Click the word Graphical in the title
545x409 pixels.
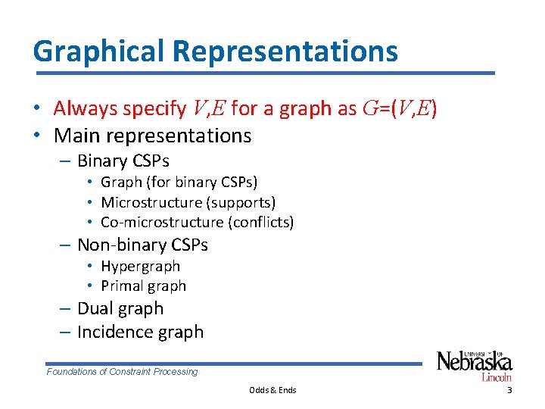coord(99,52)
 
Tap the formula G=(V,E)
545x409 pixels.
coord(399,108)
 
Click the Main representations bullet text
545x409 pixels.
coord(152,136)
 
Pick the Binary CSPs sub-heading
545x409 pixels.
coord(123,161)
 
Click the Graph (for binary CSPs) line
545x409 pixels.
coord(179,182)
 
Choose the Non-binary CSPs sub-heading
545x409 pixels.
coord(142,245)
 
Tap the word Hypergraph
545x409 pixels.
coord(140,266)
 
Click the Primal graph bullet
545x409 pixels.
coord(143,286)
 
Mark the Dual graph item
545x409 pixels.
coord(120,308)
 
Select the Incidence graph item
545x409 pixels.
coord(140,332)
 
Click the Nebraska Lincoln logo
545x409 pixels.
coord(475,365)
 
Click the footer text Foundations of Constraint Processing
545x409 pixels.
coord(122,372)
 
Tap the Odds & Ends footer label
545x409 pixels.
coord(272,390)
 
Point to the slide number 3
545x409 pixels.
coord(509,390)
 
